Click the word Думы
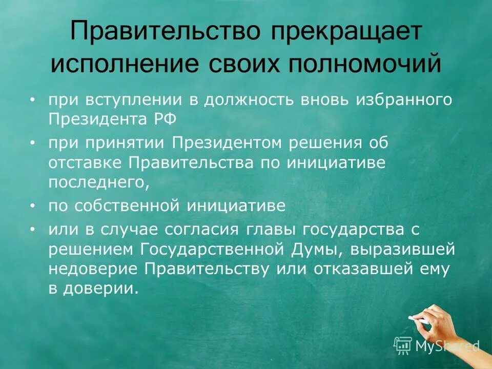(313, 250)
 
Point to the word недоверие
(94, 269)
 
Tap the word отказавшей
(356, 269)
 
